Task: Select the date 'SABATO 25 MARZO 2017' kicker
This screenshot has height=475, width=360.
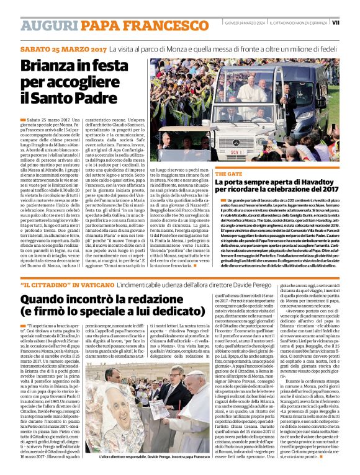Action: point(63,48)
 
